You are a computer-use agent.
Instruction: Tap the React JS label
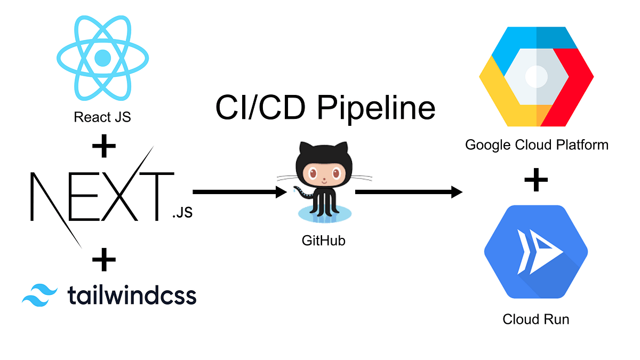[x=102, y=117]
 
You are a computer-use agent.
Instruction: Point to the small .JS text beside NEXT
[x=182, y=214]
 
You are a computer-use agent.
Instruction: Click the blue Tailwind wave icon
[x=39, y=294]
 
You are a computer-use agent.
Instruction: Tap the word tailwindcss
[x=132, y=294]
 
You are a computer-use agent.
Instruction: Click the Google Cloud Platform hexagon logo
[x=536, y=76]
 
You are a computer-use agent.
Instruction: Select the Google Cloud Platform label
[x=536, y=145]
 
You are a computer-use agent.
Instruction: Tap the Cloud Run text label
[x=536, y=319]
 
